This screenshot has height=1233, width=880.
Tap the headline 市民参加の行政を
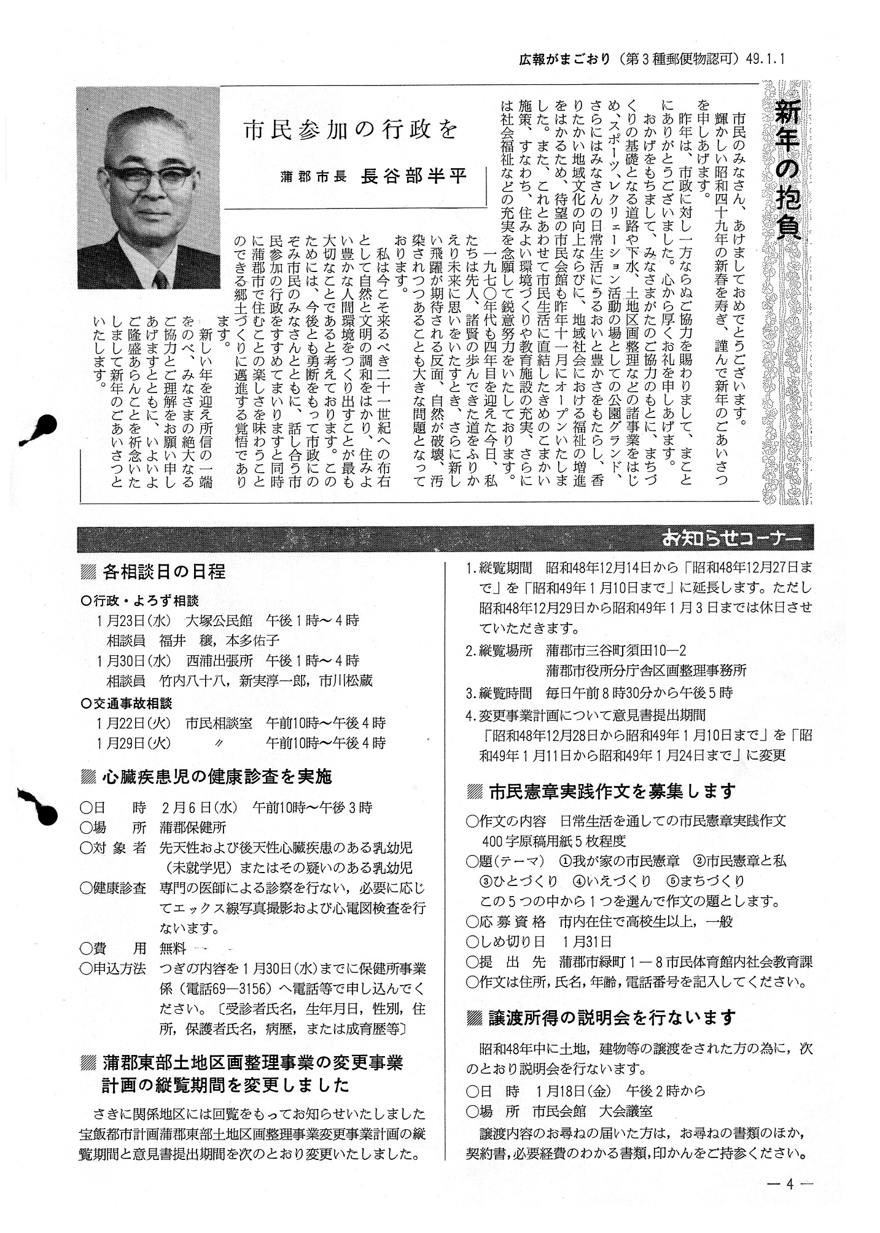click(x=350, y=131)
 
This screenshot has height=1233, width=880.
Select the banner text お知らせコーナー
click(x=731, y=539)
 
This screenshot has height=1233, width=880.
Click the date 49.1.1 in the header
click(x=766, y=60)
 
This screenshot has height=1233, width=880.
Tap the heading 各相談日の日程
click(x=164, y=572)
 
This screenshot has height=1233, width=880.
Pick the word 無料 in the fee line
click(x=173, y=949)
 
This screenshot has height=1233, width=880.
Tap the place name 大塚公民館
click(x=222, y=620)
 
